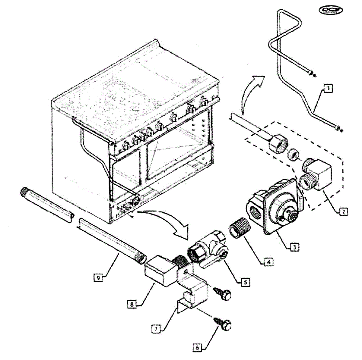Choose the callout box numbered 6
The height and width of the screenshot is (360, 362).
[197, 347]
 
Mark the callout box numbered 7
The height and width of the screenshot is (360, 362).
[156, 329]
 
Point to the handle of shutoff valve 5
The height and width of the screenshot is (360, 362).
[208, 264]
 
